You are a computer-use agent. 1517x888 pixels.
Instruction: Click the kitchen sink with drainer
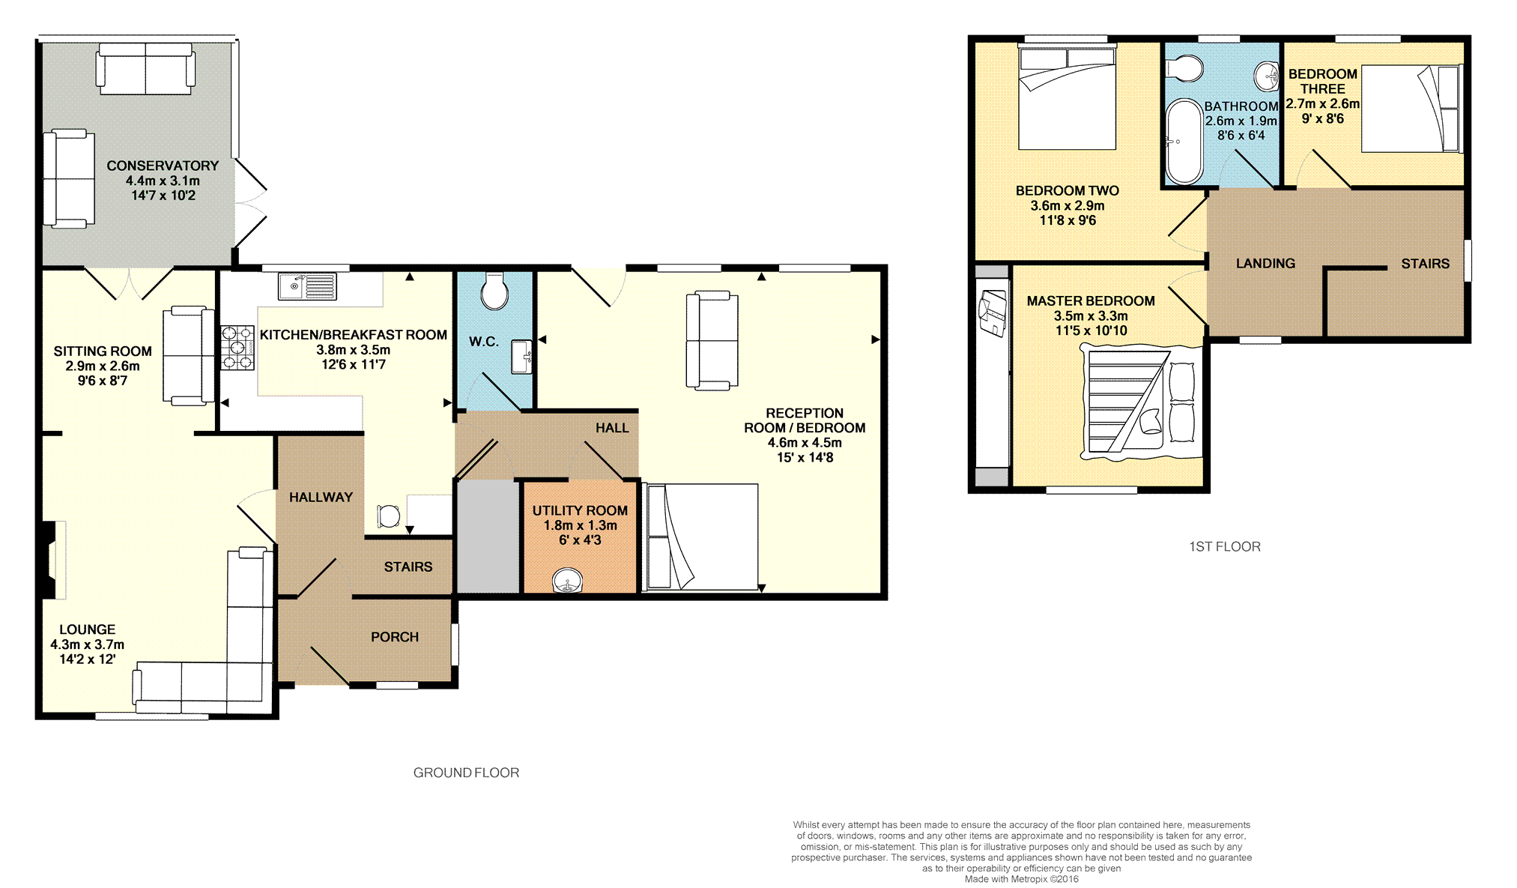pyautogui.click(x=307, y=286)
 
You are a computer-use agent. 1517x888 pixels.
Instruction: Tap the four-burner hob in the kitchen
pyautogui.click(x=237, y=348)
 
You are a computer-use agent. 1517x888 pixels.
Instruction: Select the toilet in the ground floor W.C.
pyautogui.click(x=494, y=291)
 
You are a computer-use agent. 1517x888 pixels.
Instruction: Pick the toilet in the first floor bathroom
pyautogui.click(x=1184, y=69)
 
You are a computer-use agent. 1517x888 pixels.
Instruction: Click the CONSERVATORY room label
pyautogui.click(x=163, y=166)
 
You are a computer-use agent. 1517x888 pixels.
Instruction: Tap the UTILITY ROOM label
pyautogui.click(x=580, y=510)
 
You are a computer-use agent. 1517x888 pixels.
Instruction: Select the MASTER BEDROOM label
pyautogui.click(x=1091, y=300)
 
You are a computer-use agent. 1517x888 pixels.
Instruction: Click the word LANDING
pyautogui.click(x=1265, y=263)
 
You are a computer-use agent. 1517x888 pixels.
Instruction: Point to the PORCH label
pyautogui.click(x=395, y=637)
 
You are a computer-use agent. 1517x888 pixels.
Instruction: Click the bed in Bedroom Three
pyautogui.click(x=1411, y=109)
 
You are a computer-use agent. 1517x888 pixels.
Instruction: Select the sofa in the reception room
pyautogui.click(x=712, y=341)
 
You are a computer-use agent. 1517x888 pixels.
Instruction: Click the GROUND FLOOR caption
pyautogui.click(x=466, y=773)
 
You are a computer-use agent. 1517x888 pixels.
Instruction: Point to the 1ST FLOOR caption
pyautogui.click(x=1225, y=547)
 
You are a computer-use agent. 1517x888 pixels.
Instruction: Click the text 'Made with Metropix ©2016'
pyautogui.click(x=1022, y=879)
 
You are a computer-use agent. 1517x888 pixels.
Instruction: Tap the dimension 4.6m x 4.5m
pyautogui.click(x=805, y=442)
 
